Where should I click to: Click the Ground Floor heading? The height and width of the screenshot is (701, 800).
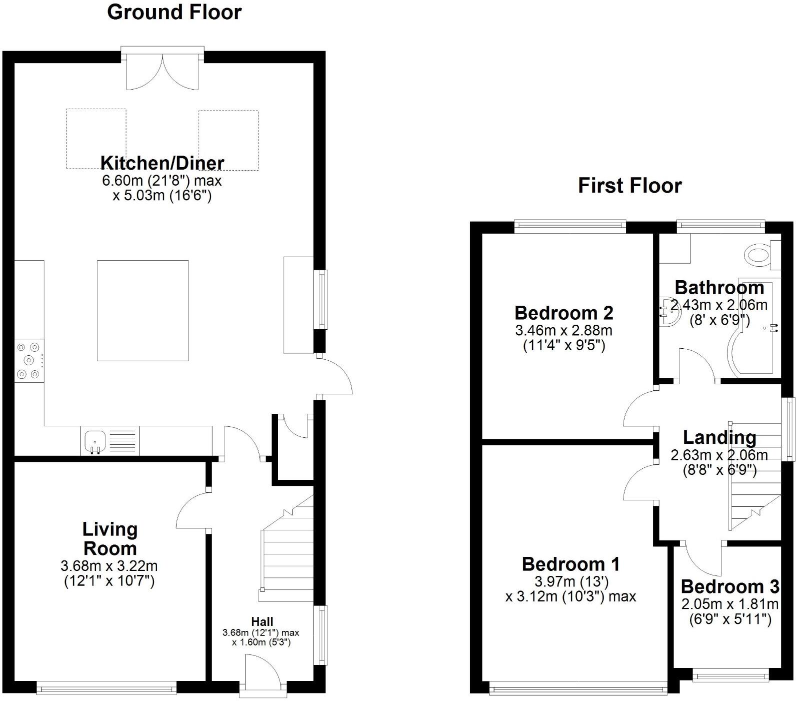point(174,13)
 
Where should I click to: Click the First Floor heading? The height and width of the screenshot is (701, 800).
point(629,186)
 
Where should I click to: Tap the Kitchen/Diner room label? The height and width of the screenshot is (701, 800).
point(162,163)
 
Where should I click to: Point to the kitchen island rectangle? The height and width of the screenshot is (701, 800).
point(142,310)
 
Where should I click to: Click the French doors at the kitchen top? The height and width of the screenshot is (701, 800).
point(162,70)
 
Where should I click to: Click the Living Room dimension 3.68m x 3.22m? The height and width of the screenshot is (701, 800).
point(109,566)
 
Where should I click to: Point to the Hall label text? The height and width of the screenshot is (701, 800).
point(262,622)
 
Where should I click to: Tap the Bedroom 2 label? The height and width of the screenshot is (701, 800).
point(563,313)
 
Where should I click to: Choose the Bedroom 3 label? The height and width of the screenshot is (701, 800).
point(729,586)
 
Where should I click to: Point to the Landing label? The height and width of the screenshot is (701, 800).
point(719,437)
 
